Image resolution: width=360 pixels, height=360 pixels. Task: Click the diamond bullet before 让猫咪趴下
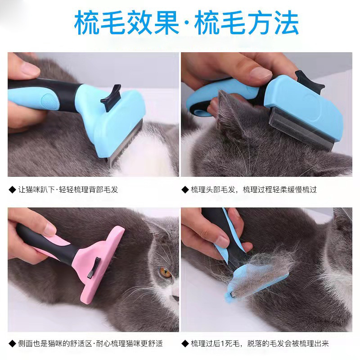12,189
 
